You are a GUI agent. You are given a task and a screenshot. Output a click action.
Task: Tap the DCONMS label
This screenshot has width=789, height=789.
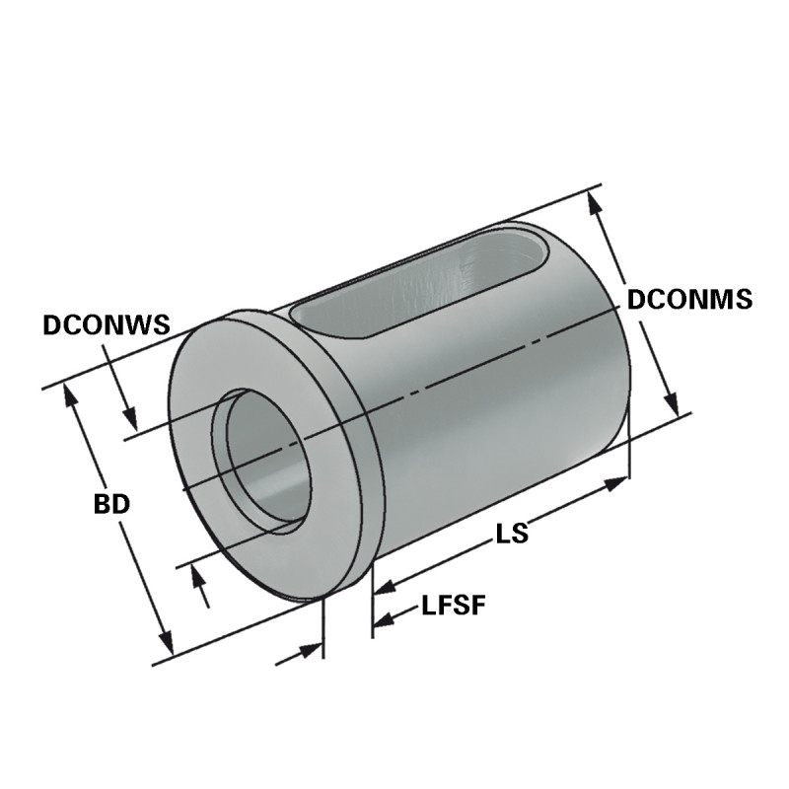689,299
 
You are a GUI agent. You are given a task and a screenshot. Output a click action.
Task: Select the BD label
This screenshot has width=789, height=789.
111,504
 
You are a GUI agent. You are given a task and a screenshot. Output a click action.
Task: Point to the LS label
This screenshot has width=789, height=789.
512,534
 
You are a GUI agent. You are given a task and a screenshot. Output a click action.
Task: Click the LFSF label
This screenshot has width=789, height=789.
454,606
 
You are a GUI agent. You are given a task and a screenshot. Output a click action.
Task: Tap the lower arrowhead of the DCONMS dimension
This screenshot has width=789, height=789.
671,405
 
